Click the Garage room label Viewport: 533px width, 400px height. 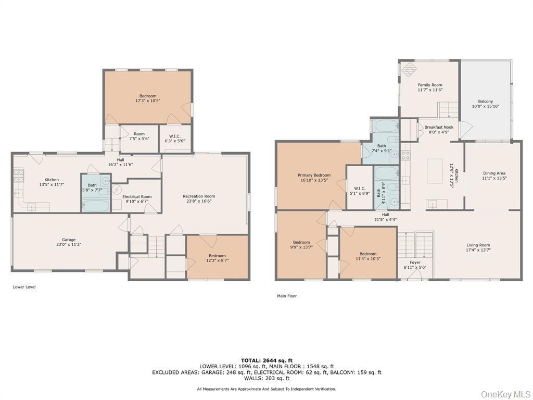(x=66, y=242)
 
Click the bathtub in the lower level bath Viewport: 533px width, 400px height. (x=96, y=205)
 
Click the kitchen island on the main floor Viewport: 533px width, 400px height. (x=435, y=171)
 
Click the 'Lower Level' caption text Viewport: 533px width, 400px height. (x=24, y=287)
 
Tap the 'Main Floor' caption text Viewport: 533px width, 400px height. (x=287, y=296)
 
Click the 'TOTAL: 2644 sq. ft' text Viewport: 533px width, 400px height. (x=266, y=360)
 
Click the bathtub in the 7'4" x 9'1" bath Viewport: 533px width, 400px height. (x=385, y=126)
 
